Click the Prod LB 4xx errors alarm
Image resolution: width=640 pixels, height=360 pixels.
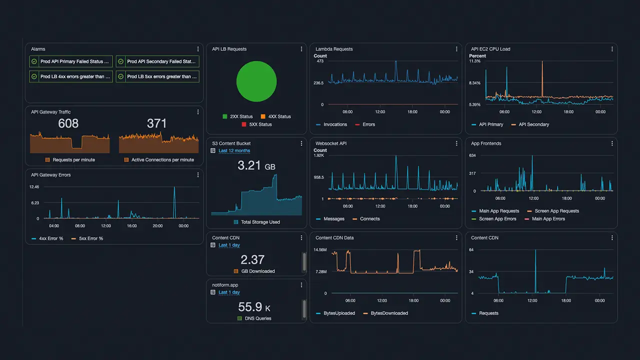pyautogui.click(x=71, y=76)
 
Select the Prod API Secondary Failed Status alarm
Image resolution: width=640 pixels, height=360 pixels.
pyautogui.click(x=157, y=61)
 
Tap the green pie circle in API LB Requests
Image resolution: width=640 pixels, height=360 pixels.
pyautogui.click(x=256, y=81)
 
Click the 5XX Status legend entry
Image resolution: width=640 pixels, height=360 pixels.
pyautogui.click(x=256, y=124)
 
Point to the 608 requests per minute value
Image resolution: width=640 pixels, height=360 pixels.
pyautogui.click(x=68, y=123)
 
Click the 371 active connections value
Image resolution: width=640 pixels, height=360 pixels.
pyautogui.click(x=156, y=123)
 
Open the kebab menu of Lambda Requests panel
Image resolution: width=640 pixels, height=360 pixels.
pyautogui.click(x=456, y=49)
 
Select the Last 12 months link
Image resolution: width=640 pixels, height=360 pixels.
pyautogui.click(x=234, y=150)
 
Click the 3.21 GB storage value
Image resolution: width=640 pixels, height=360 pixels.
pyautogui.click(x=256, y=165)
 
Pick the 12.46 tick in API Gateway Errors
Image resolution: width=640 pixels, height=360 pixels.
pyautogui.click(x=34, y=187)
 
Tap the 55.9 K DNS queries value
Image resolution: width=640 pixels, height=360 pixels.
pyautogui.click(x=254, y=307)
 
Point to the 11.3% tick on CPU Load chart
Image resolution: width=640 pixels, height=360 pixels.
pyautogui.click(x=474, y=61)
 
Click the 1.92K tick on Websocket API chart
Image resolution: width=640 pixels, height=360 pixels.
pyautogui.click(x=318, y=155)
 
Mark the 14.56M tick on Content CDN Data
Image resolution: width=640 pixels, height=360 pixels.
pyautogui.click(x=320, y=249)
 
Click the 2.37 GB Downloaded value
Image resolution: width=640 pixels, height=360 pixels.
pyautogui.click(x=252, y=259)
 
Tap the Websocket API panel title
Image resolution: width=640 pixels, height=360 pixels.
pyautogui.click(x=331, y=143)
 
